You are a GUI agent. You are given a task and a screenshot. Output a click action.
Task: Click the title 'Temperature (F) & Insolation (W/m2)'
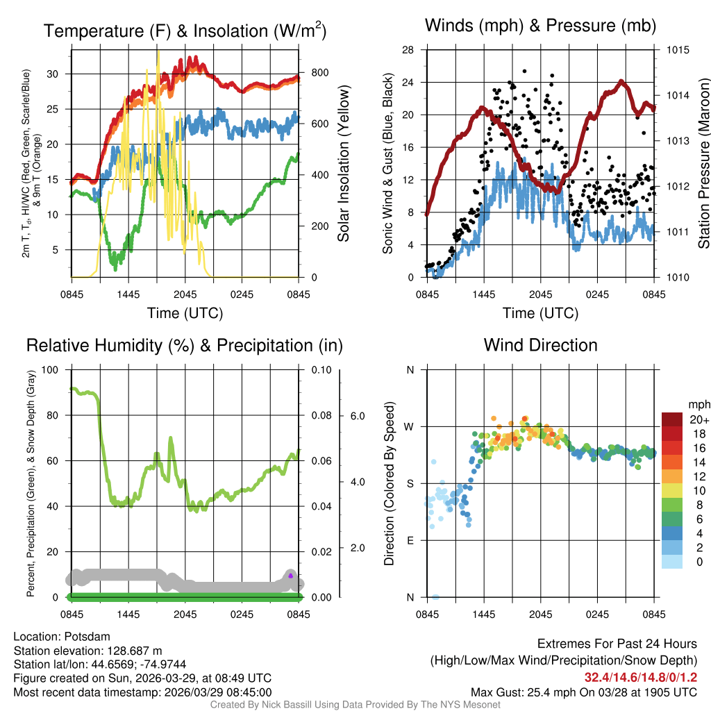(185, 31)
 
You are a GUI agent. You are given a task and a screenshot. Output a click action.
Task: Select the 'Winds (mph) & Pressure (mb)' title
(540, 26)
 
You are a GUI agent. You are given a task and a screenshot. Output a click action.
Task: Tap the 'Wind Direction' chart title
(540, 345)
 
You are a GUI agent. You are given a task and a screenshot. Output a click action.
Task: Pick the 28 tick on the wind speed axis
(408, 50)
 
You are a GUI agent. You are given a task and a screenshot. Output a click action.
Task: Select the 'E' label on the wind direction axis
(410, 540)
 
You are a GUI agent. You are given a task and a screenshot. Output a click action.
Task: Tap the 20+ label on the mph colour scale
(694, 419)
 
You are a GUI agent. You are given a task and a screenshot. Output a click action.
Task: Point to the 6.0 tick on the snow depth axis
(357, 415)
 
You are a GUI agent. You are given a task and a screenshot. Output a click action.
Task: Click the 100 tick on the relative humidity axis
(50, 369)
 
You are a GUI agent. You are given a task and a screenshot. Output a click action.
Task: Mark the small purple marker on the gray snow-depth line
(291, 576)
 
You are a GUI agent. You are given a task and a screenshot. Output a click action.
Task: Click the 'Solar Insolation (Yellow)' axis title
(343, 164)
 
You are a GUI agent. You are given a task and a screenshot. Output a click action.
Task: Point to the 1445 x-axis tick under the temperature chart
(128, 295)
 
